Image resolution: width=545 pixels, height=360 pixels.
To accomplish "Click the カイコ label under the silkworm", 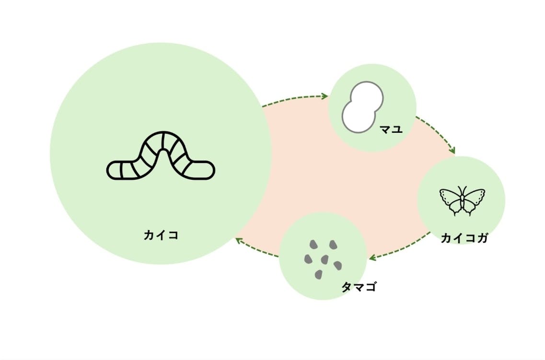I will pyautogui.click(x=161, y=235).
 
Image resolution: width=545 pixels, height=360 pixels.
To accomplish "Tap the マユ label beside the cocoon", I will pyautogui.click(x=391, y=128).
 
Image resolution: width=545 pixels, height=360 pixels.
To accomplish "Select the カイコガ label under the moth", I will pyautogui.click(x=464, y=238).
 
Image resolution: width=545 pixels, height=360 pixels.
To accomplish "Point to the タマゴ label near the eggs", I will pyautogui.click(x=359, y=287).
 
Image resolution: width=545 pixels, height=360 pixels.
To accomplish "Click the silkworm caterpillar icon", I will pyautogui.click(x=161, y=156).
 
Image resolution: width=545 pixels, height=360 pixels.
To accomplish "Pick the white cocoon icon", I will pyautogui.click(x=362, y=107).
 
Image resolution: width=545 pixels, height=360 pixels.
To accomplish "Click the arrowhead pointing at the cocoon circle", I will pyautogui.click(x=325, y=96).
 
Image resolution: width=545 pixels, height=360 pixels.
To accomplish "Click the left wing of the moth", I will pyautogui.click(x=451, y=199).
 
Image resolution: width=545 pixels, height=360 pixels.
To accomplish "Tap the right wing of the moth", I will pyautogui.click(x=474, y=199).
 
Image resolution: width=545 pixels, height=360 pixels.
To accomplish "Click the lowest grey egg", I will pyautogui.click(x=319, y=275).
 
